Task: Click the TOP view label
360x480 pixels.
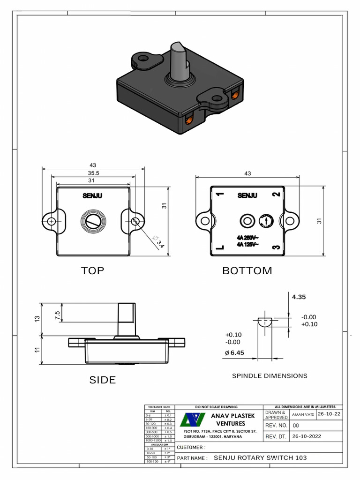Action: point(92,270)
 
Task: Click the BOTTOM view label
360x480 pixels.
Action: point(247,270)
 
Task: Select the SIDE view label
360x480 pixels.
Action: point(103,380)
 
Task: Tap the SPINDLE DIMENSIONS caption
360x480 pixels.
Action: point(270,375)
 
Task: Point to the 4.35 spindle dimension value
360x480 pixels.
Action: point(299,297)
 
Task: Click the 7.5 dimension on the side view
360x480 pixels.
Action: point(57,315)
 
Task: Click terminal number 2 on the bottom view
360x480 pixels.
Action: point(277,194)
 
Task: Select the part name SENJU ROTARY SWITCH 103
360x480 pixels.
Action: point(261,457)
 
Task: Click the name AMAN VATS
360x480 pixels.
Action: point(303,414)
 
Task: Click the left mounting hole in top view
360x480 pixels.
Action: point(51,221)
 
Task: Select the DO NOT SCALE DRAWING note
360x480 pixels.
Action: point(216,406)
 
